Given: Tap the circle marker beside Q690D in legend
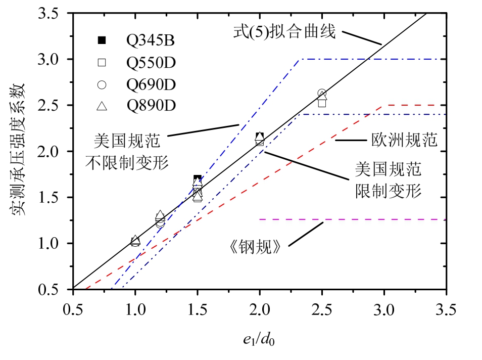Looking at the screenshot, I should [102, 84].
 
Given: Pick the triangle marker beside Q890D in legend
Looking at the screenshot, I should [102, 106].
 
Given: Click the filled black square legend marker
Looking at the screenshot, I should [102, 40].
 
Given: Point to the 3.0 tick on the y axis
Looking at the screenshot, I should [55, 60].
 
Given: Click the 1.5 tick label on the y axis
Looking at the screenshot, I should [55, 198].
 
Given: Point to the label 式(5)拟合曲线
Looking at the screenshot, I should [284, 32].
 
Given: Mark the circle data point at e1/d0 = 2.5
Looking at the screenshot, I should [322, 94].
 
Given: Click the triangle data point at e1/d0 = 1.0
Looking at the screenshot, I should [135, 240].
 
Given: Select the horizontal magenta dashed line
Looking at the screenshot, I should [354, 220].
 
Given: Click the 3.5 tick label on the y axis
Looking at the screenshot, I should [55, 14].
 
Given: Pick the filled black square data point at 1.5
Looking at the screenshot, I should [198, 179].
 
